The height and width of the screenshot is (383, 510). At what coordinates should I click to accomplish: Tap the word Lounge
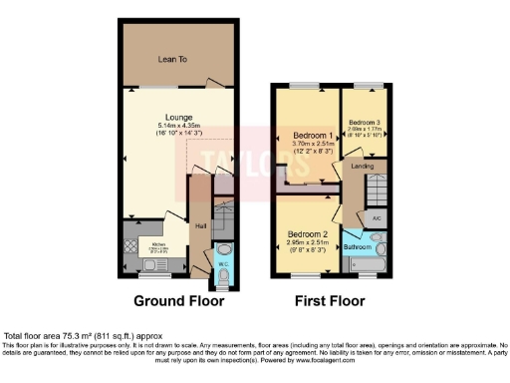point(180,117)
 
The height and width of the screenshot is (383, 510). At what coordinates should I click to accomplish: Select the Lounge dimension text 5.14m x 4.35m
point(180,125)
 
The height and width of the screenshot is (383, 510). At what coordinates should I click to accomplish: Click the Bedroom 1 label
point(312,134)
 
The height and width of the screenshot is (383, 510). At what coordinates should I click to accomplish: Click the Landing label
point(363,166)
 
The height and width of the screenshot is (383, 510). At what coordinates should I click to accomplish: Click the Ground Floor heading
point(179,300)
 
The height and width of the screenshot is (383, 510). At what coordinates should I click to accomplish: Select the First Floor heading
point(329,300)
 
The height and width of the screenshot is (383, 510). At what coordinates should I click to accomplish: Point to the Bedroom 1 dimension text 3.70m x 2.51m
point(312,143)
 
